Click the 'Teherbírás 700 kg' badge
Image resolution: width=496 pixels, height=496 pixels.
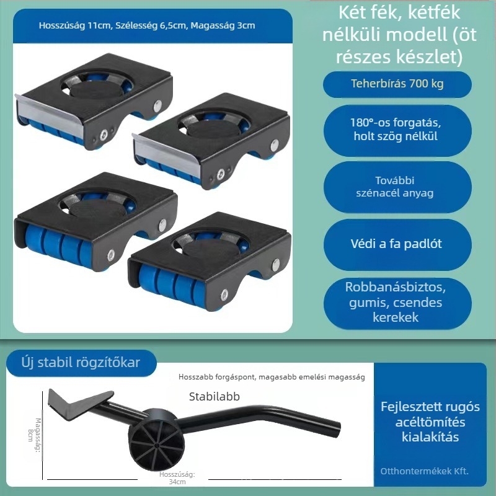point(397,84)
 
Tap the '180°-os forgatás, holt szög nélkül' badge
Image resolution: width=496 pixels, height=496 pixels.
point(397,130)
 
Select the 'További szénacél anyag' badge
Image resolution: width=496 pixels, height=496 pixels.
point(397,187)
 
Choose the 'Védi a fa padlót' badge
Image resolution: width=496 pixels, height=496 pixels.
point(397,244)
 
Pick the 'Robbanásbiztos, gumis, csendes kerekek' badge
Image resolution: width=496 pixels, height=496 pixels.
point(397,303)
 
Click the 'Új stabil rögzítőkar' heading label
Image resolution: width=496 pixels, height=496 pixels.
point(81,363)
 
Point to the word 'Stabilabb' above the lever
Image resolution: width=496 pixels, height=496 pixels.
point(214,396)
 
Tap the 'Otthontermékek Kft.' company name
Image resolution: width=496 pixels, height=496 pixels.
point(424,471)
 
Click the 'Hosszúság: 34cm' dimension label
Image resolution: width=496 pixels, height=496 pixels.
point(177,478)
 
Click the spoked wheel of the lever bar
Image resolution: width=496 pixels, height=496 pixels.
point(156,442)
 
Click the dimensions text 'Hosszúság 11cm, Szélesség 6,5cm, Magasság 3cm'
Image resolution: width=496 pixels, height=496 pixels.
point(147,25)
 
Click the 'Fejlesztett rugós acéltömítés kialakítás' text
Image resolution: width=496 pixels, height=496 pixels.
point(430,422)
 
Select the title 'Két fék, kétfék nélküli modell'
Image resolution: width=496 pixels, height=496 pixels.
point(399,24)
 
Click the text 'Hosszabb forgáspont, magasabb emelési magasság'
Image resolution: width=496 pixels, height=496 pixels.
point(272,377)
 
